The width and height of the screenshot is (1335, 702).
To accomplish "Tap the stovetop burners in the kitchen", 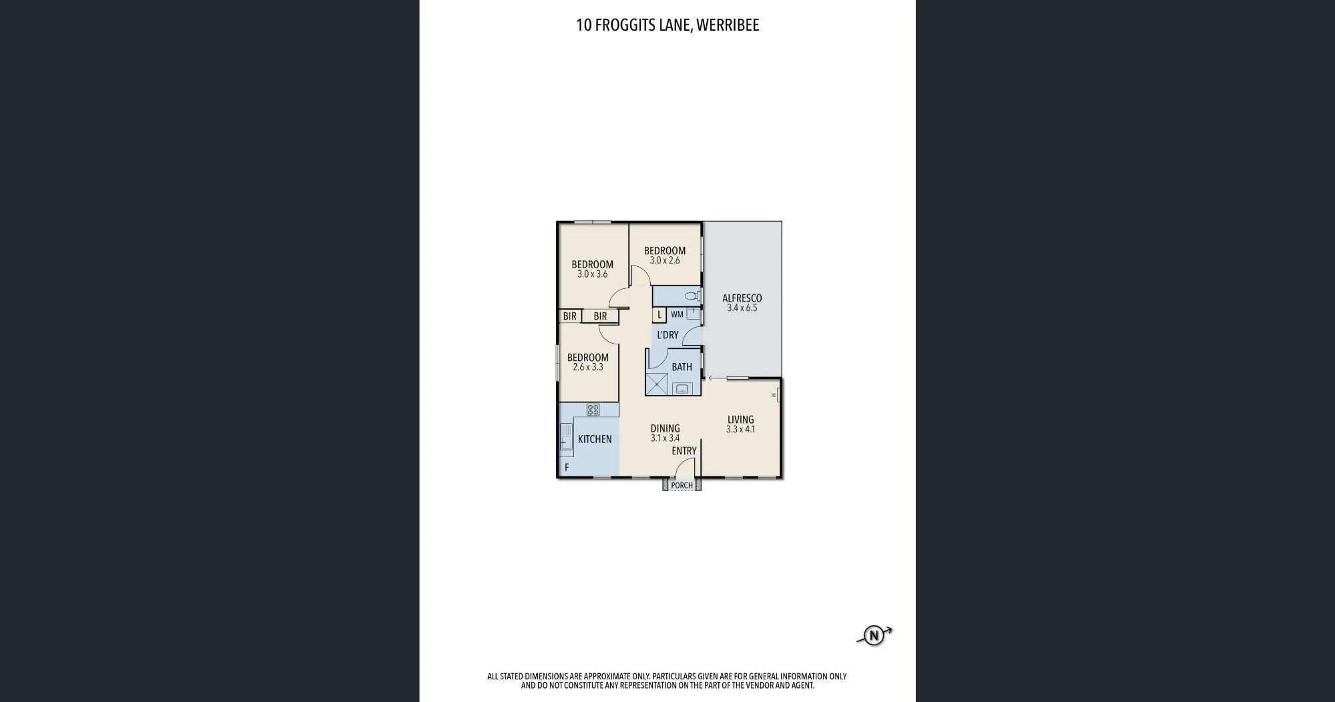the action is click(593, 410).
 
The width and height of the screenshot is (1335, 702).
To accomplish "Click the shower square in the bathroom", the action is click(657, 384).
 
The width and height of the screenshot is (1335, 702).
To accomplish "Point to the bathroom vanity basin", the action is click(682, 389).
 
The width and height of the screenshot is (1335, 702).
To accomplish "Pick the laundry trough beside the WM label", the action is click(694, 314).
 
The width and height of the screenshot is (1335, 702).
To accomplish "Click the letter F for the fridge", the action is click(567, 468).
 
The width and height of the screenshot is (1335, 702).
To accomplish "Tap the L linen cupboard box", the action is click(659, 315).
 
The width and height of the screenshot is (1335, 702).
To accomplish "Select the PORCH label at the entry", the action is click(682, 485).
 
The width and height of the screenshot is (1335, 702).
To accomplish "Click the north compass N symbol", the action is click(873, 635).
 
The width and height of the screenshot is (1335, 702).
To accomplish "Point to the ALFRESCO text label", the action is click(742, 298).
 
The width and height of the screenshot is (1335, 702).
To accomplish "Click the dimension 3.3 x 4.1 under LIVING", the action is click(741, 430).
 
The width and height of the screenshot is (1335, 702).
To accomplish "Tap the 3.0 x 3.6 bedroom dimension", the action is click(593, 274).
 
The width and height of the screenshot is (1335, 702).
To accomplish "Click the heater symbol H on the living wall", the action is click(776, 395).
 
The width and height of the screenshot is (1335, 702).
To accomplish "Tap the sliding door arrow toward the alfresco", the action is click(718, 378).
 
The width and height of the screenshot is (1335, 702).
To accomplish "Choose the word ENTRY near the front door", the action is click(684, 451).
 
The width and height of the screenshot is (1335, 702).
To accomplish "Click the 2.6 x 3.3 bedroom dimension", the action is click(588, 367).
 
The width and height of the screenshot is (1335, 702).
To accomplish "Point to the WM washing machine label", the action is click(677, 314).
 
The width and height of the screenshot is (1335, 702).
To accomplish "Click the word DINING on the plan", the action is click(665, 428).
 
